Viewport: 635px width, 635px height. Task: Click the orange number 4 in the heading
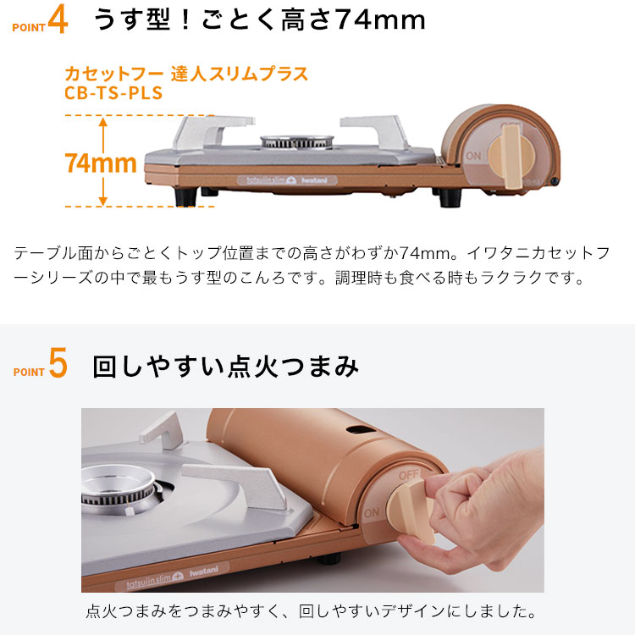point(58,21)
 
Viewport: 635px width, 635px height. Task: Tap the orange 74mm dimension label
point(101,163)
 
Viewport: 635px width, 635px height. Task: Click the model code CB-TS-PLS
point(113,92)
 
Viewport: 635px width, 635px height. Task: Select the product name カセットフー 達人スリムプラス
point(186,73)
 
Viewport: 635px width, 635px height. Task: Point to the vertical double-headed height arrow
point(103,161)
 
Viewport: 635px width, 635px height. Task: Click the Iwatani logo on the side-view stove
point(320,179)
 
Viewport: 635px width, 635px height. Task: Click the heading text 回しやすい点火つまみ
point(225,367)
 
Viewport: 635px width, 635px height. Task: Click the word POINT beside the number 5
point(29,372)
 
